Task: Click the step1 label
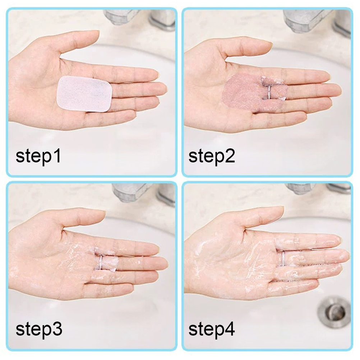[x=38, y=156]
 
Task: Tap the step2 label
[x=212, y=156]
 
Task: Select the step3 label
[x=39, y=329]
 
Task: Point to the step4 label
[x=212, y=329]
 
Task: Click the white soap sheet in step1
[x=84, y=94]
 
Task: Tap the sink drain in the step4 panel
[x=334, y=311]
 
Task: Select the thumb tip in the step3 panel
[x=101, y=213]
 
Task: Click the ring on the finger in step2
[x=268, y=92]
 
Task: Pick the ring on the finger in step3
[x=101, y=262]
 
